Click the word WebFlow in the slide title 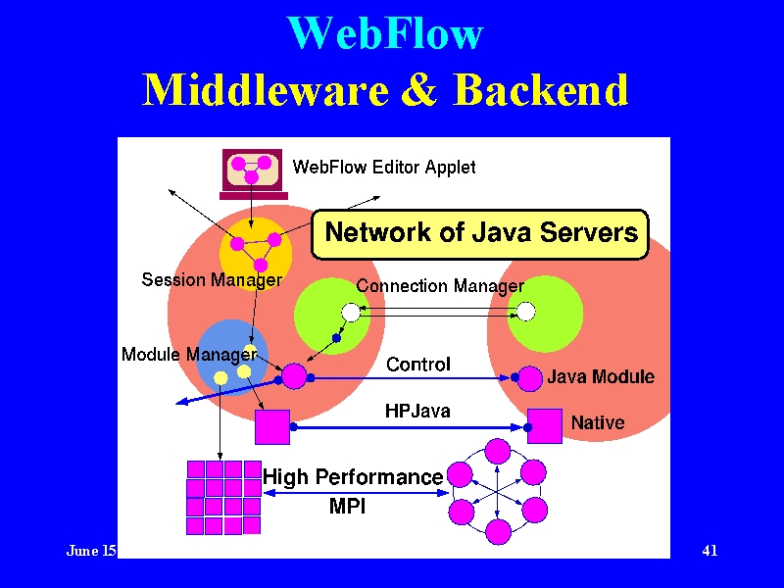point(386,33)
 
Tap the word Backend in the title point(541,89)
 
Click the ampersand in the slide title point(420,89)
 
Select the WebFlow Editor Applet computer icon point(253,174)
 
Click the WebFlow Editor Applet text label point(384,167)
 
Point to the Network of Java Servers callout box point(480,234)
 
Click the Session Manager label point(212,279)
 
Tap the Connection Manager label point(440,286)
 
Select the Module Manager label point(189,355)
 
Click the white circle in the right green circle point(525,312)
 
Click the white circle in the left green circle point(351,313)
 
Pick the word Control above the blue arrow point(418,364)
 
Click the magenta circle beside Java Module point(530,378)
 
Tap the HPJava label point(417,411)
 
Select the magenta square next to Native point(545,426)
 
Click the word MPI point(348,506)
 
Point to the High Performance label point(353,477)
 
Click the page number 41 point(710,551)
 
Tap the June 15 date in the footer point(91,551)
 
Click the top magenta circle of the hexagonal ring point(498,452)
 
